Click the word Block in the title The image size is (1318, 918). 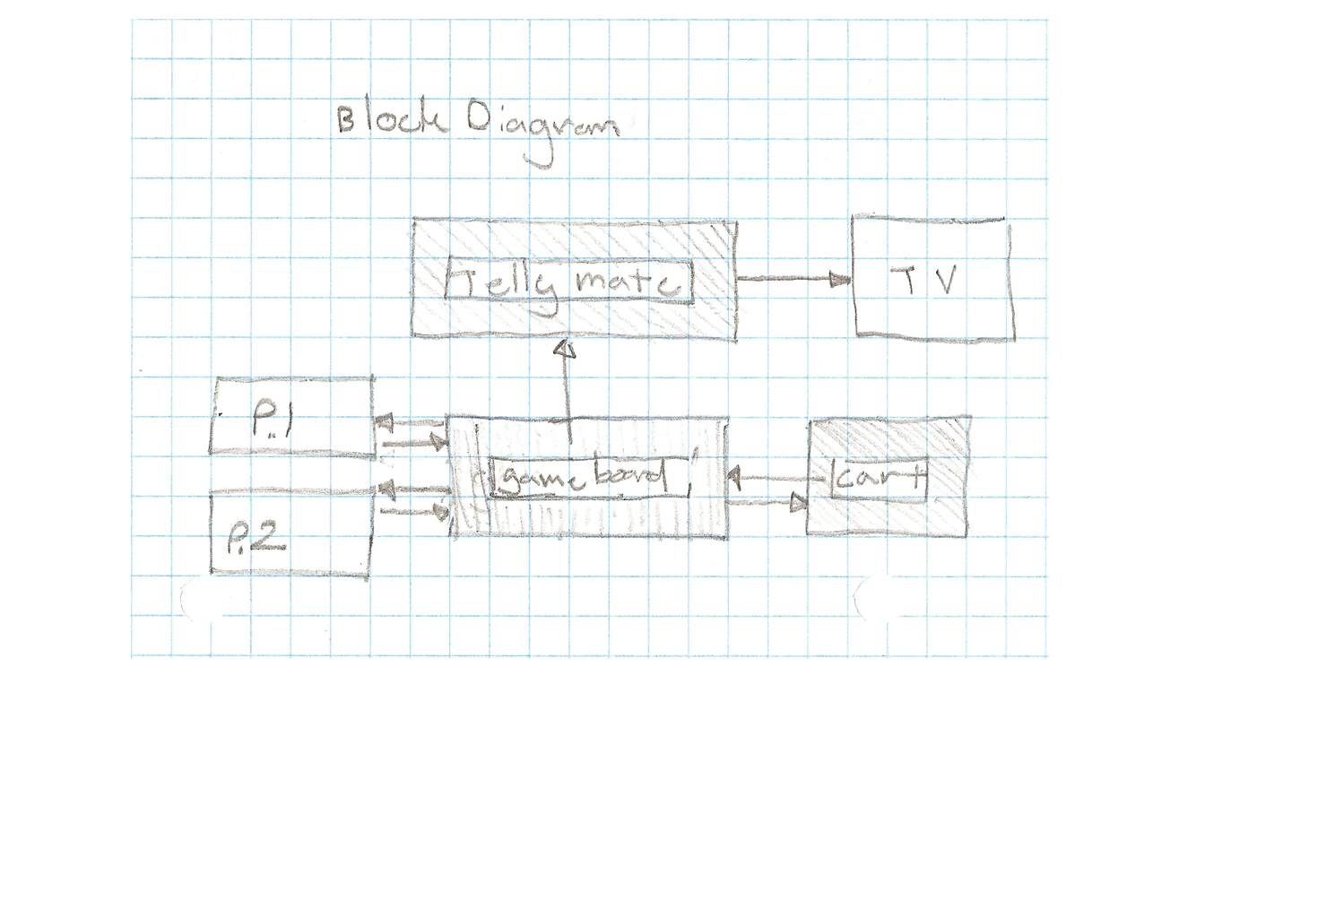point(391,119)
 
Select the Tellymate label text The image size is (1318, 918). point(569,282)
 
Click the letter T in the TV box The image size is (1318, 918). point(910,281)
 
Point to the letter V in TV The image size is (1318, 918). point(944,280)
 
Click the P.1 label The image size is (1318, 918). point(270,419)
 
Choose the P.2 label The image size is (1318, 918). point(256,537)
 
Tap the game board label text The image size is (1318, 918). point(581,476)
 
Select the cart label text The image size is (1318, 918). point(878,478)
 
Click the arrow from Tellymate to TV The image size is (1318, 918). point(793,279)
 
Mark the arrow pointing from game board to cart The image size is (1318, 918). point(767,503)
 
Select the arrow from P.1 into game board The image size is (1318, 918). point(413,441)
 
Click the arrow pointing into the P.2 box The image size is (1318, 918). point(412,489)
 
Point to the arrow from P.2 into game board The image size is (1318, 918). point(414,511)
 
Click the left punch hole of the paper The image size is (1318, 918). point(201,599)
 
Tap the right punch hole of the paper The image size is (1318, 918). point(877,598)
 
